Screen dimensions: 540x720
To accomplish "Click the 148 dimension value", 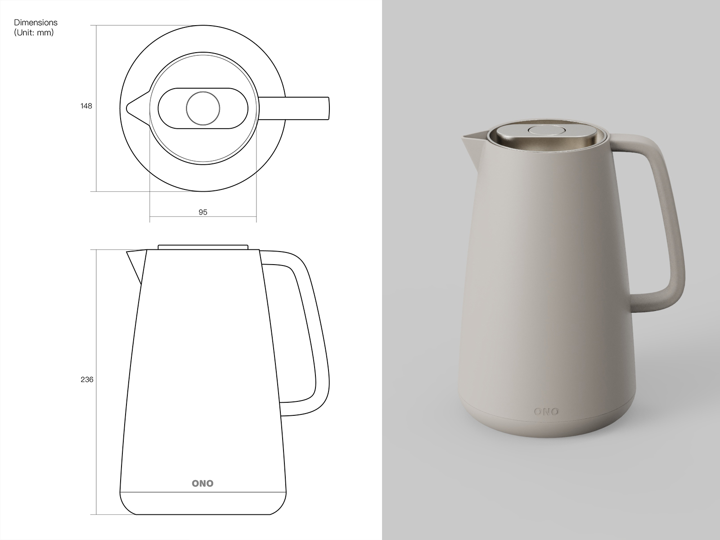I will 86,106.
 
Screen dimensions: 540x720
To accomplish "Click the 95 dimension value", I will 203,212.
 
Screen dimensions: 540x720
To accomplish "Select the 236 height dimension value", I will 87,379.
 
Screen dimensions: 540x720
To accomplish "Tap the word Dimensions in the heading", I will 36,22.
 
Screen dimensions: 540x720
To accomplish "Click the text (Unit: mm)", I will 34,33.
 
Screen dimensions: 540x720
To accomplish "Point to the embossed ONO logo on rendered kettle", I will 546,411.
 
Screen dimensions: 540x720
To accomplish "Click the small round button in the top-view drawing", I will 203,108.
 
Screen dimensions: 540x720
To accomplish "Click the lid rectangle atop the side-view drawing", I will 203,247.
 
